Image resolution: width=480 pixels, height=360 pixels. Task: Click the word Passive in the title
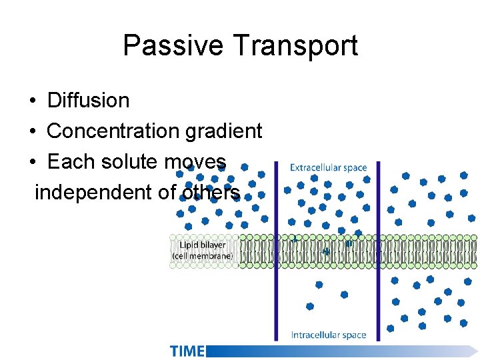[x=173, y=46]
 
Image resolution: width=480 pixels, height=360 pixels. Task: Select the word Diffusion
[x=89, y=101]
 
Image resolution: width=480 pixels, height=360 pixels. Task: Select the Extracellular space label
[x=328, y=168]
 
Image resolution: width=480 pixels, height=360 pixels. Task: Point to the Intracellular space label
[x=329, y=335]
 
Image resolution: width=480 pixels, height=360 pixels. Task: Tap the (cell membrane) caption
[x=202, y=255]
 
